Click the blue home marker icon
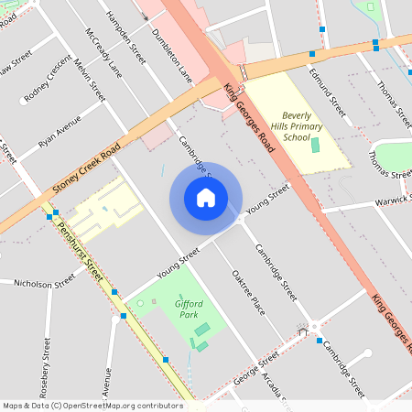coord(206,198)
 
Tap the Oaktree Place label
coord(248,292)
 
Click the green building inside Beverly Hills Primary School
coord(316,144)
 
